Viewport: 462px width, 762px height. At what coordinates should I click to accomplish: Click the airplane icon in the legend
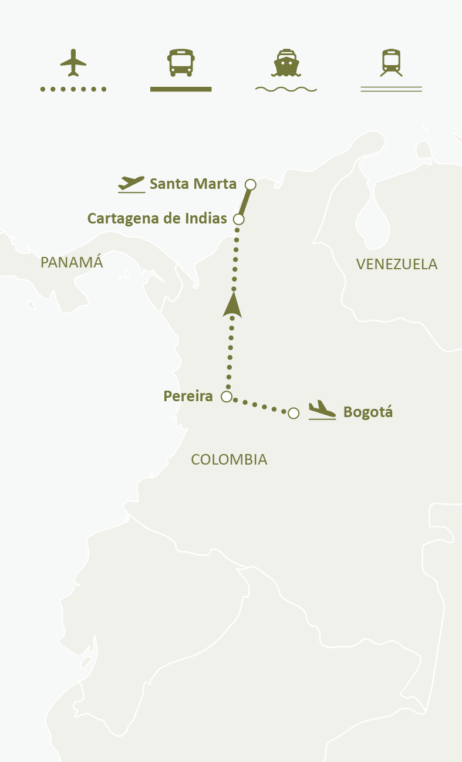point(73,63)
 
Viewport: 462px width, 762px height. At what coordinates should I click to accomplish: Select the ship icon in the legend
point(286,63)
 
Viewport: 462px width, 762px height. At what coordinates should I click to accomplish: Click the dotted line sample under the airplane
point(73,89)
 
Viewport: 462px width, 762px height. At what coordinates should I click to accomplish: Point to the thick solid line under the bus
point(181,89)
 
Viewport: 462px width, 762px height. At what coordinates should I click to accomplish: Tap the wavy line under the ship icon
point(286,89)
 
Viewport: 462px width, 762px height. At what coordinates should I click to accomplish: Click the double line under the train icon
point(391,89)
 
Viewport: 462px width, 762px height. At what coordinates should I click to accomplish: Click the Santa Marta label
point(193,184)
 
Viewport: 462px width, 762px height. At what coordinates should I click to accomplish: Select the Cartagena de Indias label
point(157,219)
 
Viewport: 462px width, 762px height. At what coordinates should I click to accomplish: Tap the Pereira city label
point(188,396)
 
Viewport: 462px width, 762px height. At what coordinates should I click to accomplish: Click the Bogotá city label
point(368,412)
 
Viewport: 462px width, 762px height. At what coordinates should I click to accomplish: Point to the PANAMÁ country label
point(72,262)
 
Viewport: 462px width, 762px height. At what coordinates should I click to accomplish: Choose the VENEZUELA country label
point(397,264)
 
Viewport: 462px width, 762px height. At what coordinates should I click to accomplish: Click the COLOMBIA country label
point(229,459)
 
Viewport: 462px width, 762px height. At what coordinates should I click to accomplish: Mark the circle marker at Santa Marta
point(251,185)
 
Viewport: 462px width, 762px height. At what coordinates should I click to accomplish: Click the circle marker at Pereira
point(227,397)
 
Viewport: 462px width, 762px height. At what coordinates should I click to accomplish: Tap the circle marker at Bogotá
point(294,413)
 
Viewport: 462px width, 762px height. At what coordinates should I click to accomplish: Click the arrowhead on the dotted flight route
point(233,305)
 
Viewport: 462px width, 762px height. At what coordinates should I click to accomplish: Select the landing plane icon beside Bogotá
point(322,409)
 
